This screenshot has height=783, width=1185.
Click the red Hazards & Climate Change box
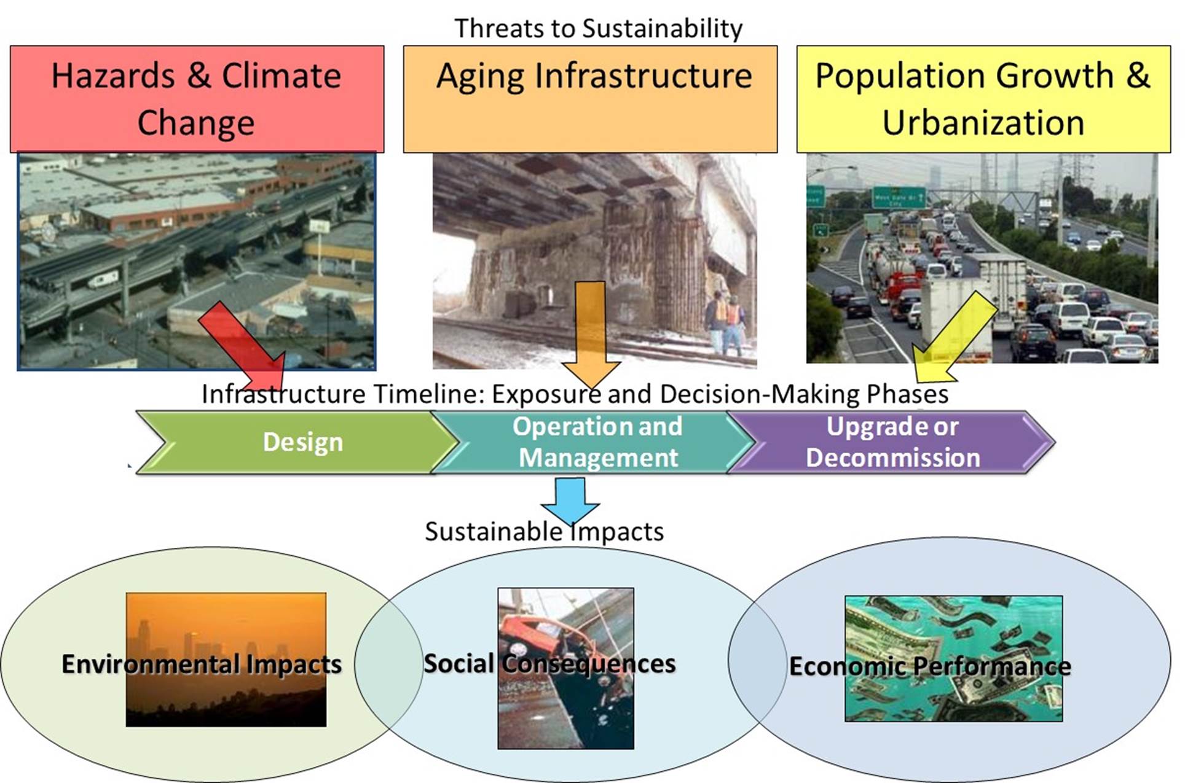[197, 99]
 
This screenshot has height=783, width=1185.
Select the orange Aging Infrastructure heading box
[590, 99]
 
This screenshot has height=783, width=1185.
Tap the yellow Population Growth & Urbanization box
[983, 99]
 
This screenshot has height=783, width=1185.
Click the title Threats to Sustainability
[598, 28]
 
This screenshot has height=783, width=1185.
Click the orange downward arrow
[591, 335]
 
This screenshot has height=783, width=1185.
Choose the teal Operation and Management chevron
[594, 442]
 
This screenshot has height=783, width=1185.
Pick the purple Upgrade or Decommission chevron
[891, 442]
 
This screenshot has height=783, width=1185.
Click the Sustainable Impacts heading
[545, 531]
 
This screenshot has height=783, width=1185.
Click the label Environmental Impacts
[202, 664]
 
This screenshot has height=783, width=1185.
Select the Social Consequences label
[549, 663]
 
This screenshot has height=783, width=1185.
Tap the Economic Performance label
[930, 666]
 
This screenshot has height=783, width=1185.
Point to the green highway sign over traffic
[899, 197]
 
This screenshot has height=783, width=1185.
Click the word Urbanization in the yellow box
[983, 123]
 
